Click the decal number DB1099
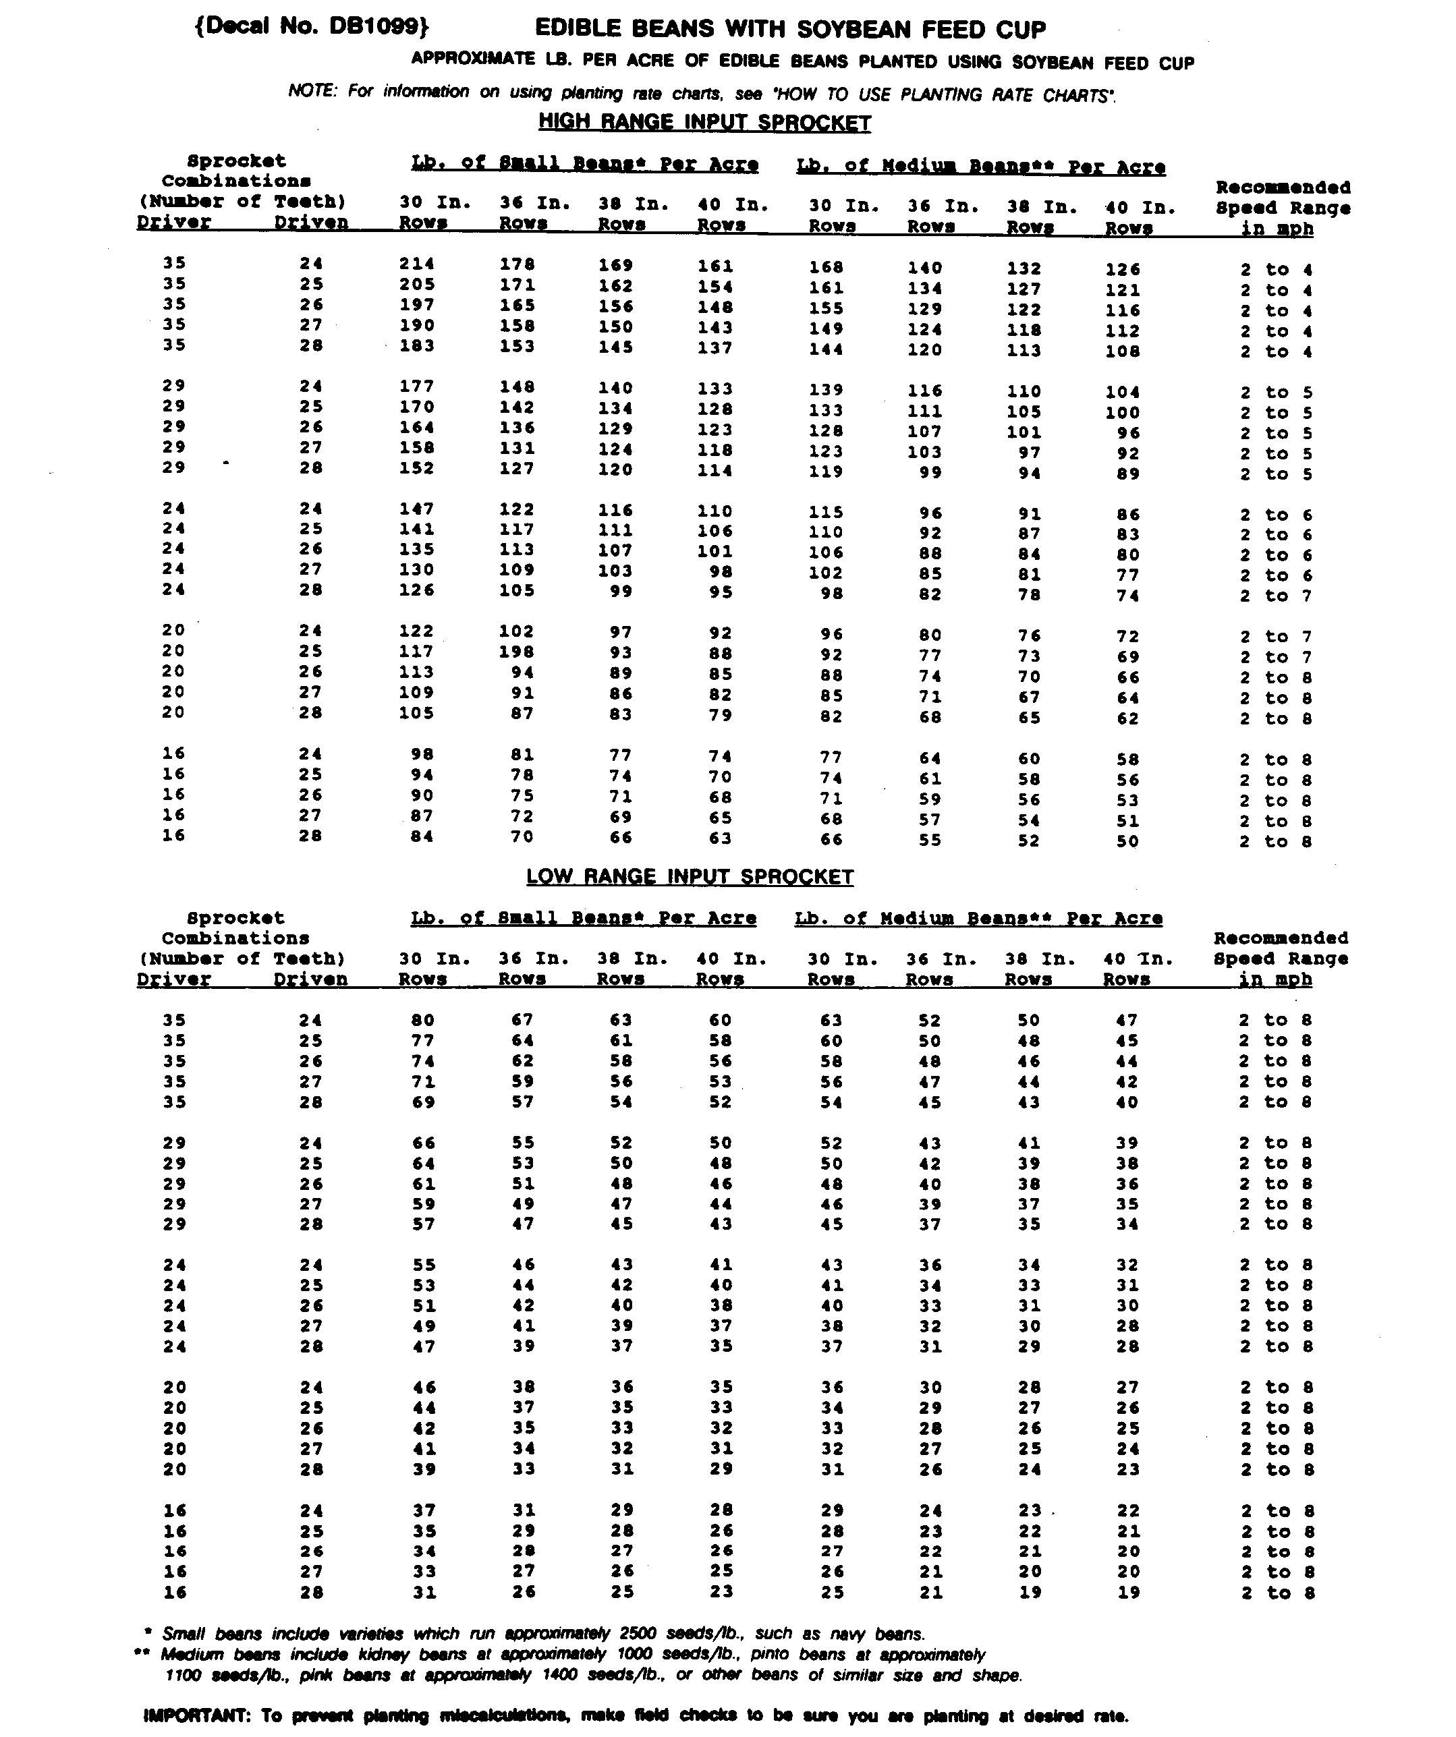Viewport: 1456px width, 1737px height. click(x=312, y=26)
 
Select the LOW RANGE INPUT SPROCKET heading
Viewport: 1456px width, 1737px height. click(x=690, y=877)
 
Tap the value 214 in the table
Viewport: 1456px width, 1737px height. click(x=417, y=264)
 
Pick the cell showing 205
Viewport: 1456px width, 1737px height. click(x=417, y=285)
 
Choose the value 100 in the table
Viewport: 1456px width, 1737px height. click(x=1123, y=412)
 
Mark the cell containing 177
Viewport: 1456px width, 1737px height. click(x=417, y=387)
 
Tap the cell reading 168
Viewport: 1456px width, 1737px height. click(x=826, y=267)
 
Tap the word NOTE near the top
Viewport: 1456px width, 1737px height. click(x=312, y=90)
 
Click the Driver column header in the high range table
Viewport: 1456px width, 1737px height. click(x=173, y=223)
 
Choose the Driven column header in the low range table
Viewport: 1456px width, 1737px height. click(x=310, y=979)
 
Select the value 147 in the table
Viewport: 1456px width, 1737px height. click(x=417, y=509)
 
